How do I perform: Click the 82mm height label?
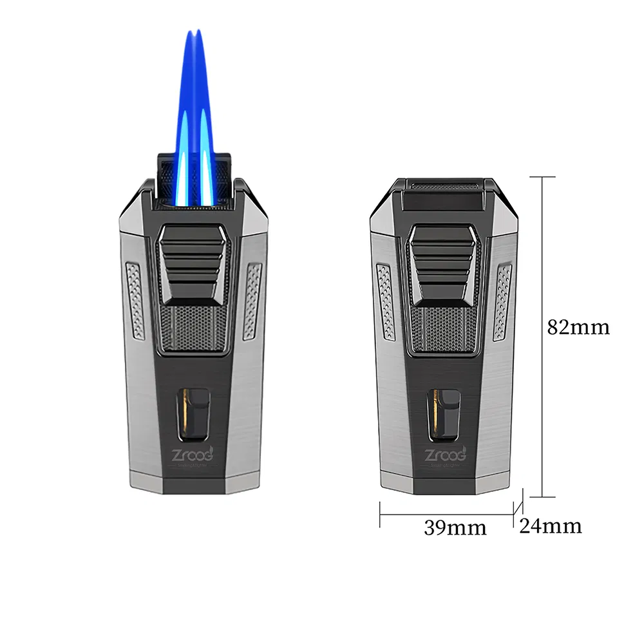click(x=578, y=327)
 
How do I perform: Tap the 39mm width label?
click(x=455, y=527)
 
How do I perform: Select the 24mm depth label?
click(x=550, y=526)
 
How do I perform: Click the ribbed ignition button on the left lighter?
click(x=193, y=264)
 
